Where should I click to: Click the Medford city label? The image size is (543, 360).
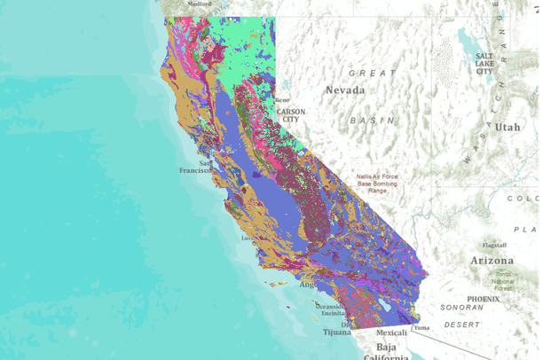pos(200,4)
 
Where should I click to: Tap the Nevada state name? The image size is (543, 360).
pos(344,90)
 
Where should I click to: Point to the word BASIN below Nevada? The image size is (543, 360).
pos(370,119)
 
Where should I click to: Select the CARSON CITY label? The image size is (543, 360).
pos(291,116)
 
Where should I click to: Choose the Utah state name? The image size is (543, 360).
pos(508,127)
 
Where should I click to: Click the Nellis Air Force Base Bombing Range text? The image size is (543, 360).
pos(377,184)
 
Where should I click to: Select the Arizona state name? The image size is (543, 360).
pos(492,261)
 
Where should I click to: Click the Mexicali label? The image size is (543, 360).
pos(392,333)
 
